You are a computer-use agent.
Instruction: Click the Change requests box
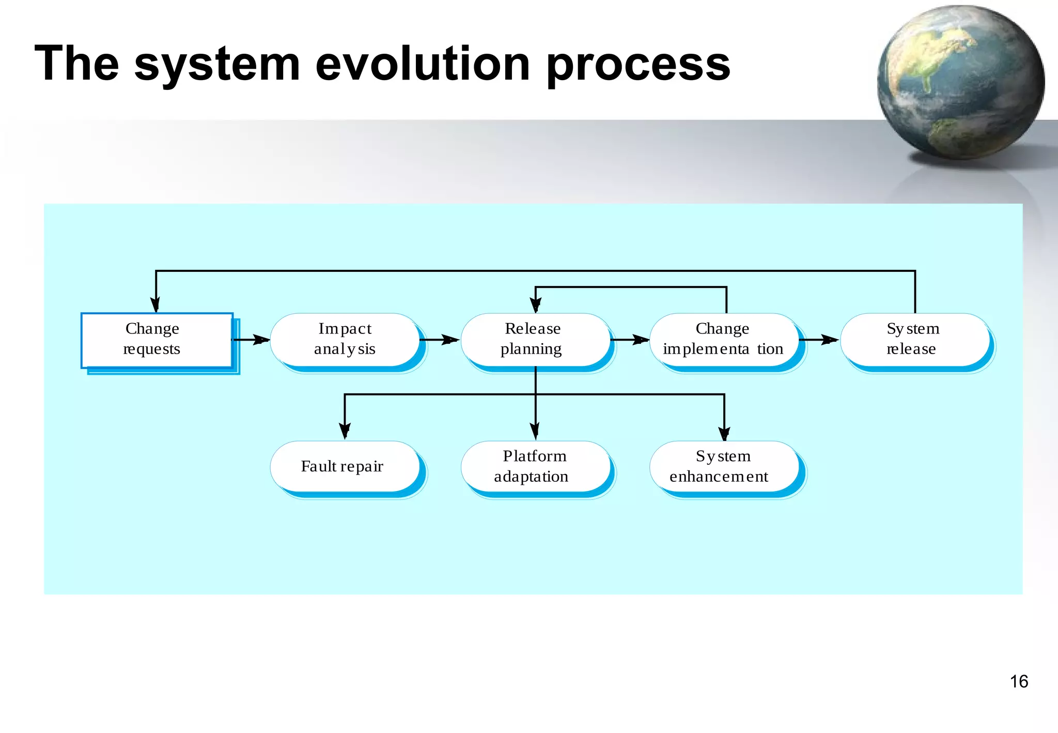157,340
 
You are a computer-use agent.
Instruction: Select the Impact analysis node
345,340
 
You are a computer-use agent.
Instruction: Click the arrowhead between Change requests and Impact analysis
261,340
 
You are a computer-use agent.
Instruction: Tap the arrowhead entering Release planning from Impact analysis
451,340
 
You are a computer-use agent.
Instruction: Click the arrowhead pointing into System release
830,340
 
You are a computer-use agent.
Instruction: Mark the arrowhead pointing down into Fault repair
345,431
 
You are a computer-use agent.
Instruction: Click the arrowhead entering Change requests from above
155,304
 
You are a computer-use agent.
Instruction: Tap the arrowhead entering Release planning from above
536,305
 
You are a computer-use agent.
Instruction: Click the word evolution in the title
423,64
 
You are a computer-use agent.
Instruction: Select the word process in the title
638,65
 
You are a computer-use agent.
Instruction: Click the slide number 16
1019,681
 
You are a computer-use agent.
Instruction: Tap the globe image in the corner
961,83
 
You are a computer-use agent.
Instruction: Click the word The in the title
76,64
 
